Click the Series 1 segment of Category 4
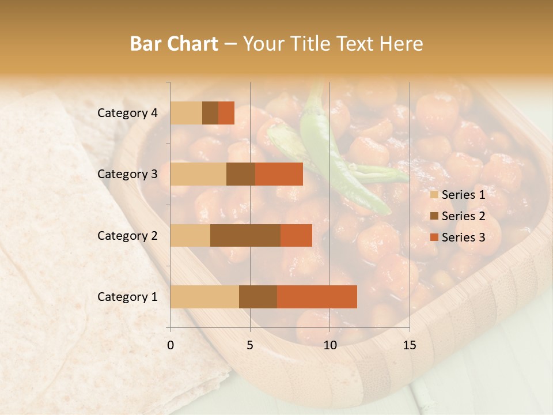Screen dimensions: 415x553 point(186,113)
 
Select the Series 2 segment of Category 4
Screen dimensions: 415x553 point(210,113)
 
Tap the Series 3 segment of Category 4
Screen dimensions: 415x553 point(226,113)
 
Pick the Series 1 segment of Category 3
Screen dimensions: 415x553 point(198,174)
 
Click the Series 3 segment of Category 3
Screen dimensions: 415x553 point(279,174)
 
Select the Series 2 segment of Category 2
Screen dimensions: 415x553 point(245,235)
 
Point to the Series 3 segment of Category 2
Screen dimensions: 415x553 point(296,235)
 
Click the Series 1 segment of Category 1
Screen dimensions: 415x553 point(204,297)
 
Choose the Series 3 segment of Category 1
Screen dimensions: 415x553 point(317,297)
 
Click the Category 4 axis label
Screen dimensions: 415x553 point(127,113)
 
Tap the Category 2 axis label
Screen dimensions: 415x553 point(127,236)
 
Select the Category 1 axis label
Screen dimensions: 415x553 point(127,297)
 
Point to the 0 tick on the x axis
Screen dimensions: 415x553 point(171,345)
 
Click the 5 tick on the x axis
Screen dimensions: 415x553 point(250,345)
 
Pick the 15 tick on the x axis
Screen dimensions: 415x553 point(410,345)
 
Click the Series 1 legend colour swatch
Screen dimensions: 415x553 point(434,195)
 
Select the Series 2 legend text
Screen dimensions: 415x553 point(463,216)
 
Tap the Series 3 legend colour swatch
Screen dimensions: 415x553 point(434,237)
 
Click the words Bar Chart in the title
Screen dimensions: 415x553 point(174,44)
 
